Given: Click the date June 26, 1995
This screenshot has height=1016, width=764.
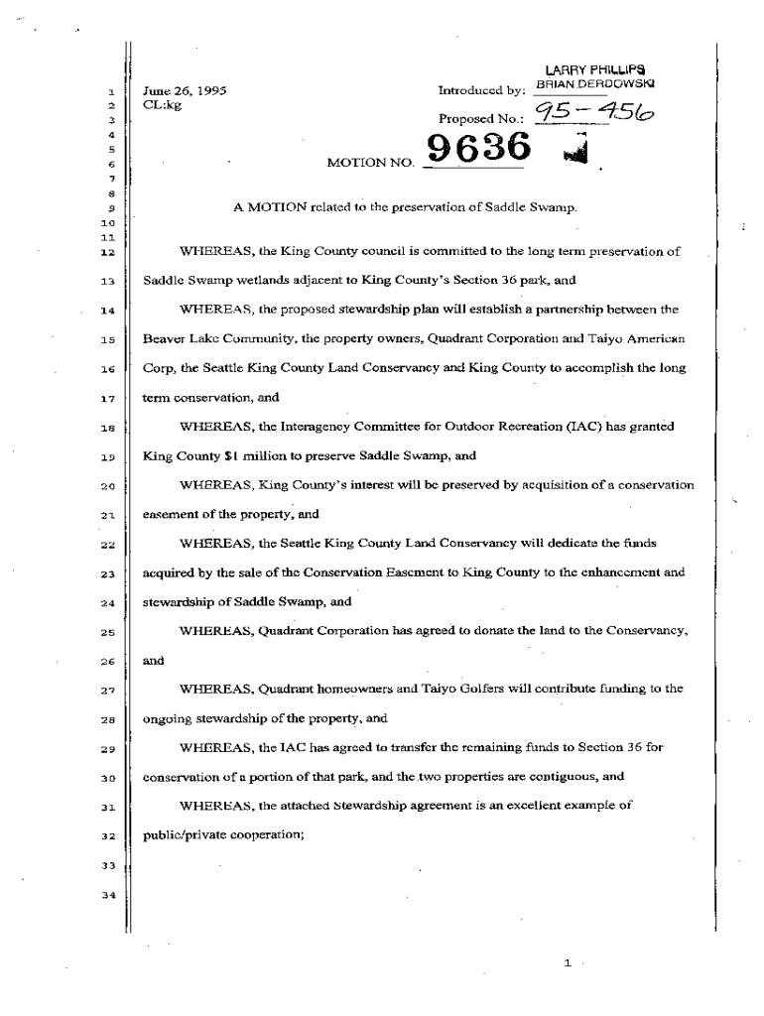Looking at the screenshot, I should pyautogui.click(x=186, y=90).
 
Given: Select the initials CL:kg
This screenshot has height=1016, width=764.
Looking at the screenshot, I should pyautogui.click(x=163, y=105).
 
